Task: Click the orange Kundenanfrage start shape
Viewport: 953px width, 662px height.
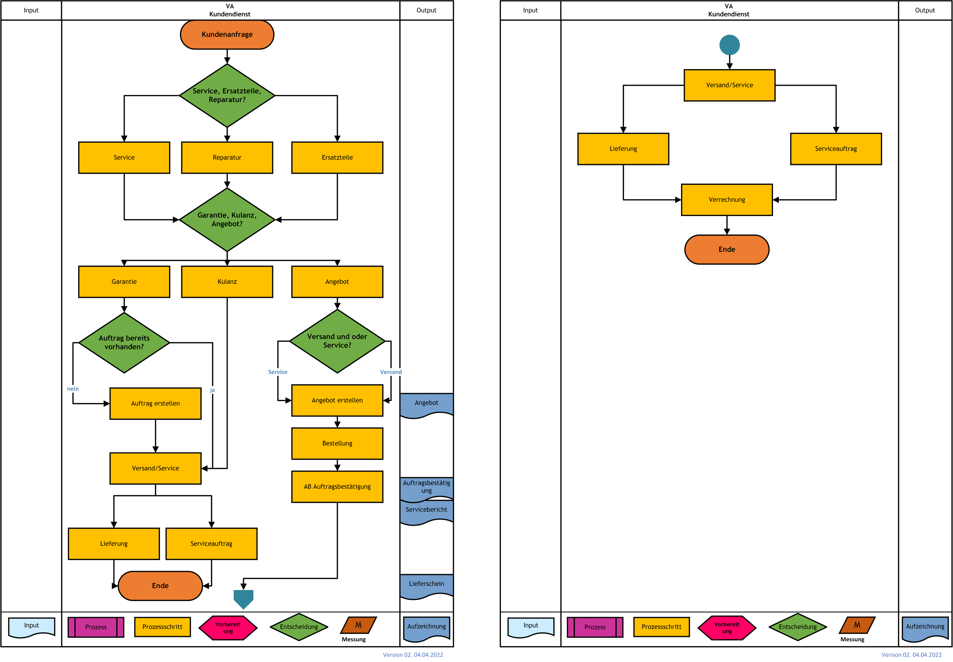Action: point(227,34)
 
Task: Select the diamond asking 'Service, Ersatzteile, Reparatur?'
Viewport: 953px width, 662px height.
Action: point(227,95)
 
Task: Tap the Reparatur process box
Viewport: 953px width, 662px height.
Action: point(227,158)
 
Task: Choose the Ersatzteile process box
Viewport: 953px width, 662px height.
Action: point(337,158)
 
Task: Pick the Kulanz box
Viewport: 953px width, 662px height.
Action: point(227,282)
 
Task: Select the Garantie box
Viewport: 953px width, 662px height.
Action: point(124,282)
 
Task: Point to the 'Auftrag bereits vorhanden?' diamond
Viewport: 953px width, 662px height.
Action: point(124,343)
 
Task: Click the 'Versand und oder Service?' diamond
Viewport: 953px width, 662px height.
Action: point(337,341)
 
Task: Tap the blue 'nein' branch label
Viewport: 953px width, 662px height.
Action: point(73,389)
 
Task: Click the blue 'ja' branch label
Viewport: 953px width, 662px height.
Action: point(212,390)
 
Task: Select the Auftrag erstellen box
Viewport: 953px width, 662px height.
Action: point(156,404)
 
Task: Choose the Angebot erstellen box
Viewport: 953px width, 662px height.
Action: point(337,400)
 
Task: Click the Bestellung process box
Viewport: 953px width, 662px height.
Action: point(337,443)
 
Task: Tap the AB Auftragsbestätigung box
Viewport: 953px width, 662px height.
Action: point(337,487)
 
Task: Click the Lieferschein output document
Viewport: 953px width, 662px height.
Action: point(426,586)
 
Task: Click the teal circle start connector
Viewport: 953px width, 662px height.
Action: point(729,45)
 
